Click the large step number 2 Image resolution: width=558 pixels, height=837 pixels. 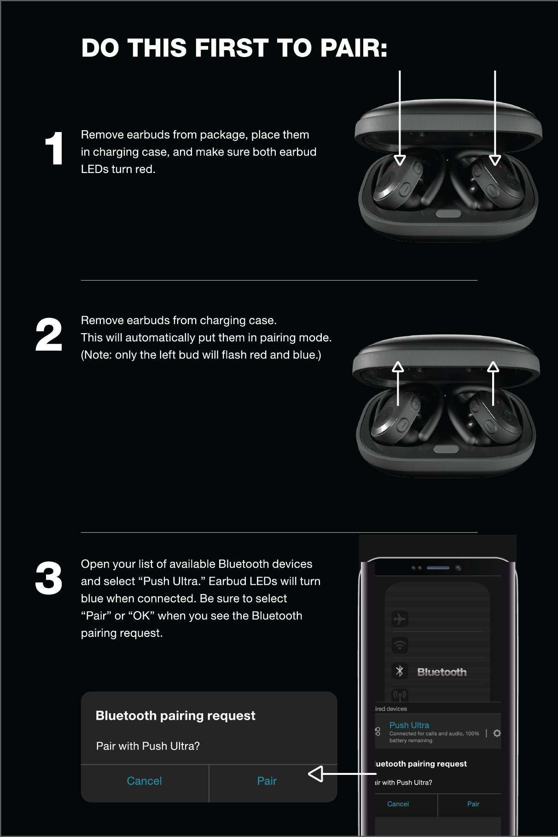pyautogui.click(x=49, y=335)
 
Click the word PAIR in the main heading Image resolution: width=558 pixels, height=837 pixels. pyautogui.click(x=354, y=48)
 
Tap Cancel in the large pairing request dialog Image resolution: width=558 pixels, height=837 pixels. pyautogui.click(x=144, y=781)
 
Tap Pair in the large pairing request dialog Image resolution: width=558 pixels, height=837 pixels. pyautogui.click(x=267, y=781)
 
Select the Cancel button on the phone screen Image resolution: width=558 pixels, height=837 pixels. pyautogui.click(x=398, y=804)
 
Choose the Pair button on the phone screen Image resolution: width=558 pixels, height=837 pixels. pyautogui.click(x=473, y=804)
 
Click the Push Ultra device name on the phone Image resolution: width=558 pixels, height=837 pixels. pyautogui.click(x=409, y=725)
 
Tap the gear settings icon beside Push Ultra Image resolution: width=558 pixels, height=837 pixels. pyautogui.click(x=497, y=733)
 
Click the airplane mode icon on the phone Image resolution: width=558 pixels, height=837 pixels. pyautogui.click(x=400, y=619)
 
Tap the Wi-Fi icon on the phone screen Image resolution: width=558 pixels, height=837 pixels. pyautogui.click(x=400, y=645)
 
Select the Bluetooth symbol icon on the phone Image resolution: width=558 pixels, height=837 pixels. pyautogui.click(x=400, y=671)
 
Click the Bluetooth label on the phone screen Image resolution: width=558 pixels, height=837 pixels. pyautogui.click(x=442, y=672)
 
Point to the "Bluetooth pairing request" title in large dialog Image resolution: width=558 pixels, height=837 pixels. pyautogui.click(x=175, y=716)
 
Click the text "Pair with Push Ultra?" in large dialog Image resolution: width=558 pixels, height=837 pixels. pyautogui.click(x=148, y=746)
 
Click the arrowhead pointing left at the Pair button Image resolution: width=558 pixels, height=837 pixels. pyautogui.click(x=316, y=774)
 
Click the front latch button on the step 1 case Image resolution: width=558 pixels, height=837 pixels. pyautogui.click(x=448, y=214)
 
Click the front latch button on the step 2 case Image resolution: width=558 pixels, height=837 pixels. pyautogui.click(x=446, y=449)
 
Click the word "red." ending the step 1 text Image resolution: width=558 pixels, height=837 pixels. pyautogui.click(x=145, y=169)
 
